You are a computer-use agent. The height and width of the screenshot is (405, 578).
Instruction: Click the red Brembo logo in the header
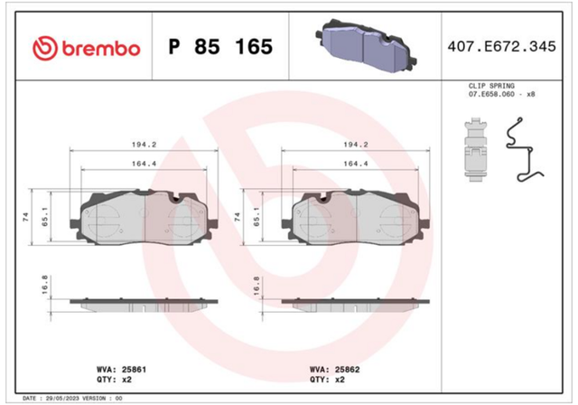(87, 48)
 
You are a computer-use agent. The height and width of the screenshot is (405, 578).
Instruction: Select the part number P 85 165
(220, 47)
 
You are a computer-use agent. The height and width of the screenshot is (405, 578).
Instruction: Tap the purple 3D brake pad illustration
(366, 46)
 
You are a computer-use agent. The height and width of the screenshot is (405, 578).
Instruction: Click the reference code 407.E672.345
(501, 46)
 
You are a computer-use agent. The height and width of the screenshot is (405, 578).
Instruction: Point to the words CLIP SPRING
(491, 86)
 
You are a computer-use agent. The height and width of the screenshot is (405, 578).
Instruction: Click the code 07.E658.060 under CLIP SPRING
(491, 94)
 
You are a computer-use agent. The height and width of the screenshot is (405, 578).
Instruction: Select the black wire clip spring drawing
(524, 149)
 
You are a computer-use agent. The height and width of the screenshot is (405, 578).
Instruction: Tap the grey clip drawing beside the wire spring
(475, 149)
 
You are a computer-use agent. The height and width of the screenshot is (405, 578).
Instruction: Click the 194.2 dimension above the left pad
(144, 145)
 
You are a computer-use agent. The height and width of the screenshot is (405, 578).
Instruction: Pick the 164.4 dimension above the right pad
(356, 164)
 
